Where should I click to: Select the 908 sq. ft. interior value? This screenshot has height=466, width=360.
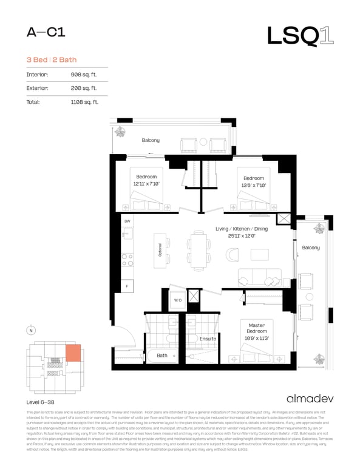84,75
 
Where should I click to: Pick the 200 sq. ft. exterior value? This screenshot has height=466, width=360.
84,89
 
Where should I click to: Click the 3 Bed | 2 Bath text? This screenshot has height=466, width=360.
51,59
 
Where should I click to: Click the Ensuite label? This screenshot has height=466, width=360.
208,339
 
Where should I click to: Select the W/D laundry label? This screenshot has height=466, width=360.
178,300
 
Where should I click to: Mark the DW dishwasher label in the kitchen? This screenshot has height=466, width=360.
127,221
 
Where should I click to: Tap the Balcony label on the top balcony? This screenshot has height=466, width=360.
151,140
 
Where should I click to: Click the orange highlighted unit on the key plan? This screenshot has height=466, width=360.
73,353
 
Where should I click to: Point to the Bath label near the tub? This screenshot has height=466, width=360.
162,355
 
